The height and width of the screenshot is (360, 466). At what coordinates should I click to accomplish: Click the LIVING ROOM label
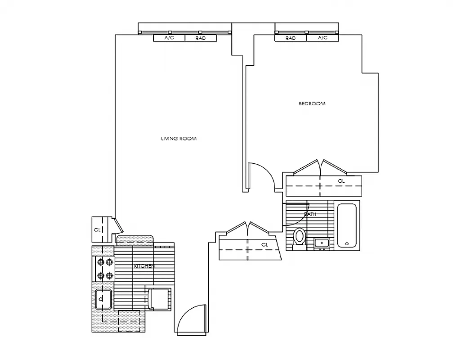(179, 139)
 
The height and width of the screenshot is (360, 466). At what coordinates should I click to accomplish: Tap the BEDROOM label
(312, 103)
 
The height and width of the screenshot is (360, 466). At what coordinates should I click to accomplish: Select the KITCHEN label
(144, 266)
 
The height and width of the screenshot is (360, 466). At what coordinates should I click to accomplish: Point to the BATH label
(310, 214)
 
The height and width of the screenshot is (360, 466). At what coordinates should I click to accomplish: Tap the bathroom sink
(322, 243)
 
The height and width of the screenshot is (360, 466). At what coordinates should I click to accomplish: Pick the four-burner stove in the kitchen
(104, 269)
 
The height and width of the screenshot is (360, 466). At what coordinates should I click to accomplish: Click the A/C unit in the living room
(169, 38)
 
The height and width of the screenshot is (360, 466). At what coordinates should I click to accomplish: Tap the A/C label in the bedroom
(323, 38)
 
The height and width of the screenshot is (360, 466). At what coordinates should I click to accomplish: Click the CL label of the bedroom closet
(341, 181)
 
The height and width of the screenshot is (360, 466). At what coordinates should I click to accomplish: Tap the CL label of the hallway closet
(264, 244)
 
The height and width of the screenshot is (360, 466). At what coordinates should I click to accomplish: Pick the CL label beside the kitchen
(97, 229)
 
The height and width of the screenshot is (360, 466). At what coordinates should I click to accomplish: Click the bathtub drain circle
(347, 244)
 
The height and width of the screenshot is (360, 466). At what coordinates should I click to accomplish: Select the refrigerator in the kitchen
(159, 299)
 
